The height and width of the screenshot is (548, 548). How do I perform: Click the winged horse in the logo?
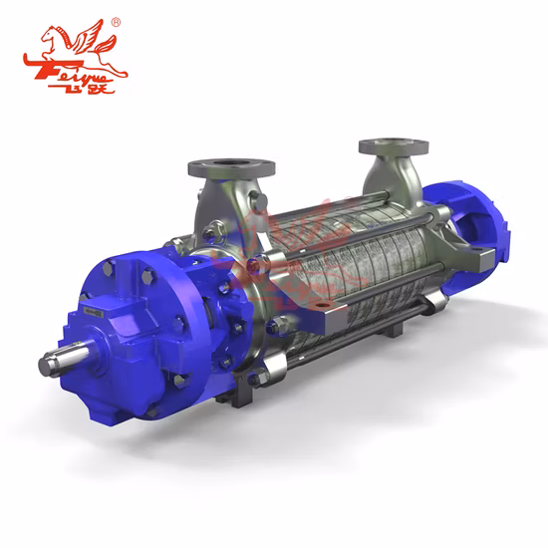(76, 45)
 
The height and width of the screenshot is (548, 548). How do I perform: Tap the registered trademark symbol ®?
(116, 22)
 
